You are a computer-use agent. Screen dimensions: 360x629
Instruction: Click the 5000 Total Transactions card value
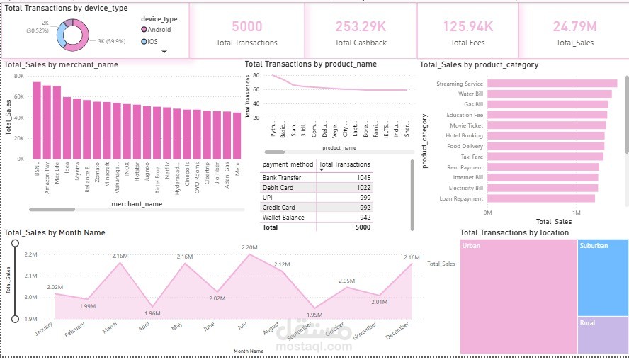tap(246, 27)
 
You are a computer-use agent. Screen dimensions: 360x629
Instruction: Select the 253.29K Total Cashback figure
tap(361, 27)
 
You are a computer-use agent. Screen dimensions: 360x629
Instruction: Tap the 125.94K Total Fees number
tap(467, 27)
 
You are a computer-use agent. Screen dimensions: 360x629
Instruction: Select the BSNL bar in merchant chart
tap(37, 120)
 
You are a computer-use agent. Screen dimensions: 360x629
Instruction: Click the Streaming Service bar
tap(552, 84)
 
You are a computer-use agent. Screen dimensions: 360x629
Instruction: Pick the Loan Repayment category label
tap(461, 199)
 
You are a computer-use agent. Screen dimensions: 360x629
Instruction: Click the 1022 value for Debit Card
tap(363, 187)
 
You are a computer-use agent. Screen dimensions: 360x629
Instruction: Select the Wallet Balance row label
tap(283, 218)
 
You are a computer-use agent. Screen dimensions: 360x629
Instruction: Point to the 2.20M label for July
tap(250, 247)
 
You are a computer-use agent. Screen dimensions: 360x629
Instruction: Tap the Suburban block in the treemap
tap(602, 276)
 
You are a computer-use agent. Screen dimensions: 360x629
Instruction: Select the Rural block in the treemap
tap(602, 334)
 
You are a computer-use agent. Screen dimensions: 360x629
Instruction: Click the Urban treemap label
tap(471, 246)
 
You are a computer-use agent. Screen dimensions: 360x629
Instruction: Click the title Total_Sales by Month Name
tap(55, 232)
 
